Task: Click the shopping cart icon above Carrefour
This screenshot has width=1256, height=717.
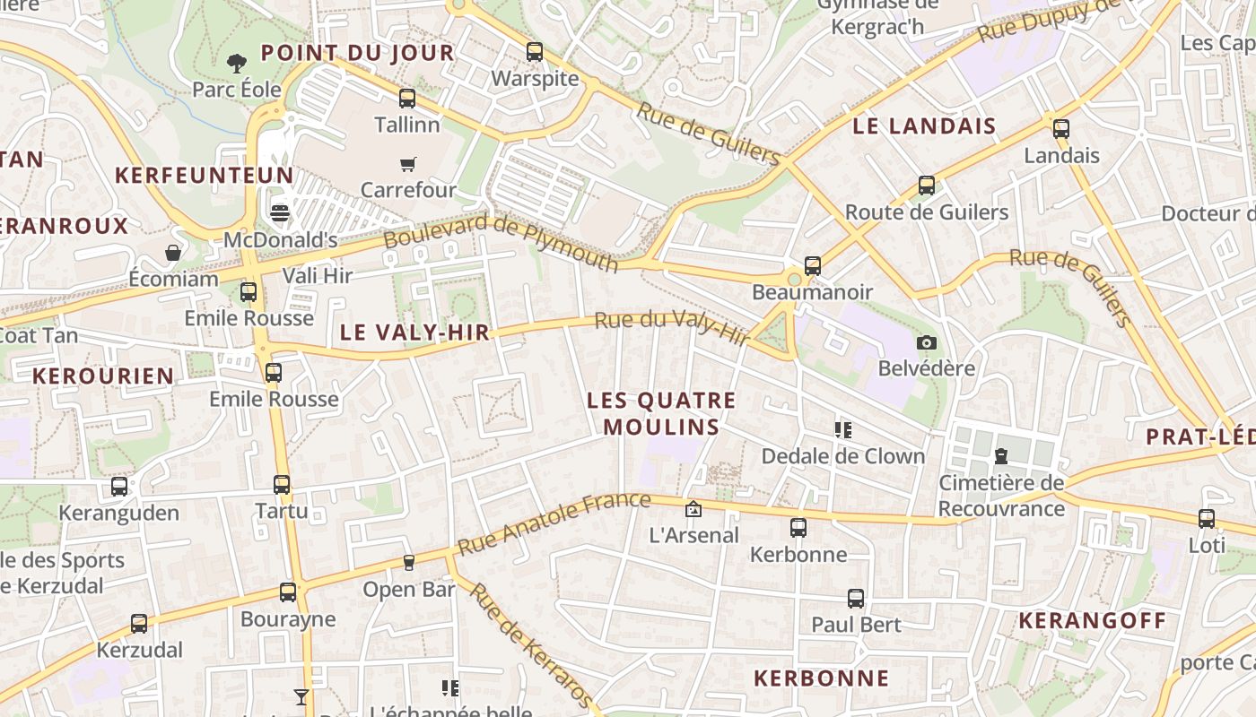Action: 407,164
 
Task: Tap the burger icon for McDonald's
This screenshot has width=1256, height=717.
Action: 280,213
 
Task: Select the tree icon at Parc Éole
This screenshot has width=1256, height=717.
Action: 237,63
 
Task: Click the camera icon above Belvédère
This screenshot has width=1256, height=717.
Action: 927,342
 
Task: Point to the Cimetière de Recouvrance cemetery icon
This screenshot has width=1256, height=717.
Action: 1001,457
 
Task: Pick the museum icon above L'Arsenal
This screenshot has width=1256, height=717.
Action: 693,509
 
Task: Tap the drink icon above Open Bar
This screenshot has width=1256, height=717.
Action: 408,563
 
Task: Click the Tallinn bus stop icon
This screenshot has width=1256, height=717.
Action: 407,99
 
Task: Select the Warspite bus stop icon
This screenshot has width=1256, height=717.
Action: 535,52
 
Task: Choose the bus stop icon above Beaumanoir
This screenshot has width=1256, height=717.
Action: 812,266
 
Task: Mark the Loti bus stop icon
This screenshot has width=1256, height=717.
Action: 1207,519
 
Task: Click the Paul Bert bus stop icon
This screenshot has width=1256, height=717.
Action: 856,599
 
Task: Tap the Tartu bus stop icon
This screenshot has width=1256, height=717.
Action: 282,485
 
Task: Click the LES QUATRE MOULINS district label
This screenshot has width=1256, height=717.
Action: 661,413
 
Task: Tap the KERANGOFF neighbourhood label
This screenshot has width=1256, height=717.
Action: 1093,620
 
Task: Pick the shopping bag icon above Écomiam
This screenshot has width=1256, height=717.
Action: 173,253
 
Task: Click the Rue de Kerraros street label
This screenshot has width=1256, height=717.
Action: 531,644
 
